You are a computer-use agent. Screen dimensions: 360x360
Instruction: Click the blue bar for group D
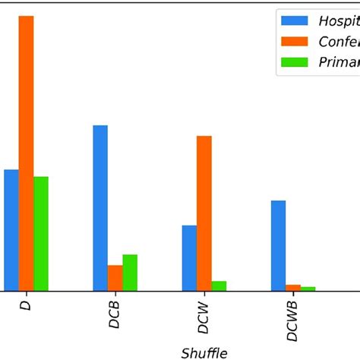(11, 229)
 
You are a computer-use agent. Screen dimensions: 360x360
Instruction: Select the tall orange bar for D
(26, 153)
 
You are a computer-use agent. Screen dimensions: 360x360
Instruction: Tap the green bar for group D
(41, 233)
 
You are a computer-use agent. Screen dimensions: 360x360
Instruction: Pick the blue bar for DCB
(100, 207)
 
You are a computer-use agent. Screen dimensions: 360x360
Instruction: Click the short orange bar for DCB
(115, 277)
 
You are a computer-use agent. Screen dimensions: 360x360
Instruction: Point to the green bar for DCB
(130, 272)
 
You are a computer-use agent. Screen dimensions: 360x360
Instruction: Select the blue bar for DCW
(189, 257)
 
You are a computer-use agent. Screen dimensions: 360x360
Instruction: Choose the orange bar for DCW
(204, 213)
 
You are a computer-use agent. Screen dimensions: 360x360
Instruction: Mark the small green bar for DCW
(219, 286)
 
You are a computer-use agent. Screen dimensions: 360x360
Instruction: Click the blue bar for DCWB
(278, 245)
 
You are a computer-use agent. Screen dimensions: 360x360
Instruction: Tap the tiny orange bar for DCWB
(293, 287)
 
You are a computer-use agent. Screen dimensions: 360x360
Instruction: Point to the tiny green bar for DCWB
(308, 288)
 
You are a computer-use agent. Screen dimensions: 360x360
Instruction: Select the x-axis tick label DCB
(115, 313)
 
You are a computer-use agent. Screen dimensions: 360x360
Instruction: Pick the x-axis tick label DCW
(204, 314)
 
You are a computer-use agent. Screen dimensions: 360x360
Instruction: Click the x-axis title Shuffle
(204, 352)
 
